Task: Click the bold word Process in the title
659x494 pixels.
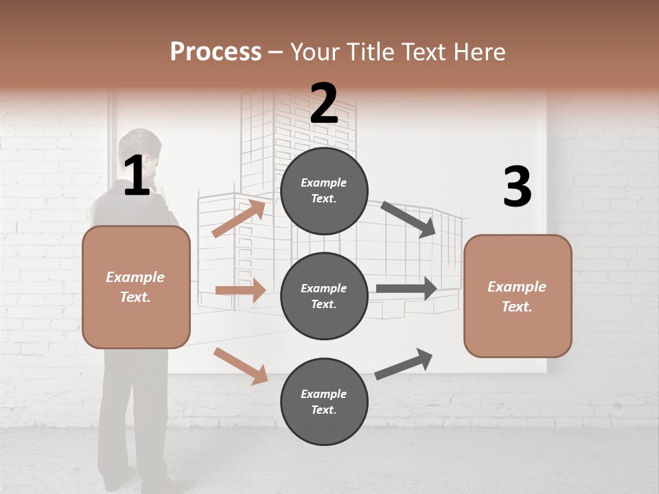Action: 216,51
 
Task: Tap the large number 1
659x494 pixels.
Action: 137,176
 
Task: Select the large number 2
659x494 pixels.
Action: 324,104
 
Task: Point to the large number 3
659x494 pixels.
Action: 517,187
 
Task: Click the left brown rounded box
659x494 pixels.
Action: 136,287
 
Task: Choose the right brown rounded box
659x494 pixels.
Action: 518,296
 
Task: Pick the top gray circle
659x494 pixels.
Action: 324,191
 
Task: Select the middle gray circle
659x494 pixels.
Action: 324,296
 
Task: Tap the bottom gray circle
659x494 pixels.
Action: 324,402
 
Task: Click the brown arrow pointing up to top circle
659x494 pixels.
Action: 238,219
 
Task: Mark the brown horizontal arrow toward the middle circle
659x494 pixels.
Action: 240,290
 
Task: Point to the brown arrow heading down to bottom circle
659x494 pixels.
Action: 240,365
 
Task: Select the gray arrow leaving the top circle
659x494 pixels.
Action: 408,219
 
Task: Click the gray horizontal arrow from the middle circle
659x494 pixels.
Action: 406,288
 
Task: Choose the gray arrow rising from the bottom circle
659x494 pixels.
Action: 404,364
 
